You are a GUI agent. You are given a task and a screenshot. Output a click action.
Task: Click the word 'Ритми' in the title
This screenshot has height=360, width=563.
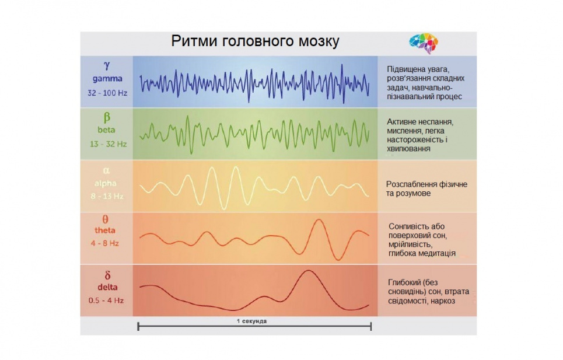(x=193, y=42)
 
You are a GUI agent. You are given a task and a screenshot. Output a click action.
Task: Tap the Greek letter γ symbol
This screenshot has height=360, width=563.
(x=106, y=66)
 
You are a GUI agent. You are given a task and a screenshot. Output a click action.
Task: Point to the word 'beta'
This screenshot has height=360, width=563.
(x=106, y=130)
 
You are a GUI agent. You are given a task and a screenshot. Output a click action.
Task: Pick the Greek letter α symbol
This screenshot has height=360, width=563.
(x=106, y=171)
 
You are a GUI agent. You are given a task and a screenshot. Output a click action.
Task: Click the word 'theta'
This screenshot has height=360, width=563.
(x=106, y=230)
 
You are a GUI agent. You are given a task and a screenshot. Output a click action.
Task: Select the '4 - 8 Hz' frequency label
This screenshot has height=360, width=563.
(x=106, y=243)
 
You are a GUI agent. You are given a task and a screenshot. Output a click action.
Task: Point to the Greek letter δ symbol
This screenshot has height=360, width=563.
(x=107, y=275)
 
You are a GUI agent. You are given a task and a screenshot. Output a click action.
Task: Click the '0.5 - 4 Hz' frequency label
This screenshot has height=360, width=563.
(x=106, y=300)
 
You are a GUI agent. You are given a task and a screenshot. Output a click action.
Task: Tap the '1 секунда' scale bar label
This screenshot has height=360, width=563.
(x=252, y=321)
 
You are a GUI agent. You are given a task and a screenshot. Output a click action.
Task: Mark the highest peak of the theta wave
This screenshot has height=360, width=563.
(x=319, y=220)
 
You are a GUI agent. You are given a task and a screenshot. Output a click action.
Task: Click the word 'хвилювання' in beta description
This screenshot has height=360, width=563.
(x=408, y=149)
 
